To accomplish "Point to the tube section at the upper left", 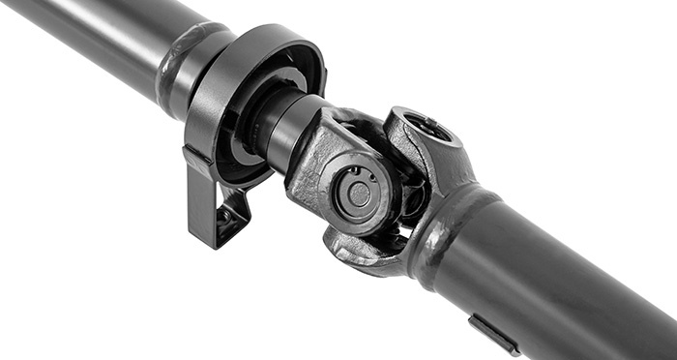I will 87,29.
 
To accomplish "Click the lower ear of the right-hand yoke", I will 363,254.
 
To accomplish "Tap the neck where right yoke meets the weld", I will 455,198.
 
